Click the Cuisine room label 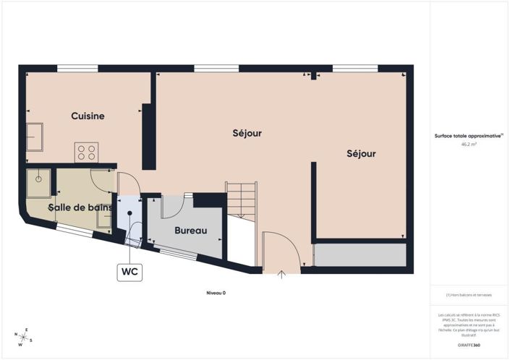click(88, 116)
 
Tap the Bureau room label click(191, 231)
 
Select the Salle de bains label click(80, 207)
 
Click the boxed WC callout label click(129, 272)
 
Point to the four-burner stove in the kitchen click(87, 153)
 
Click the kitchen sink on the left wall click(35, 136)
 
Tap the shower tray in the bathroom click(39, 183)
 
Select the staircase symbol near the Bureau click(242, 198)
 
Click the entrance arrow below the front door click(281, 274)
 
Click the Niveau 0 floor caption click(216, 293)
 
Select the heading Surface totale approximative click(469, 136)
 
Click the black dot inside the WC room click(130, 213)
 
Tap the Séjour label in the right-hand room click(361, 154)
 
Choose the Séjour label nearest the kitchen click(247, 133)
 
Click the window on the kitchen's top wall click(77, 69)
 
